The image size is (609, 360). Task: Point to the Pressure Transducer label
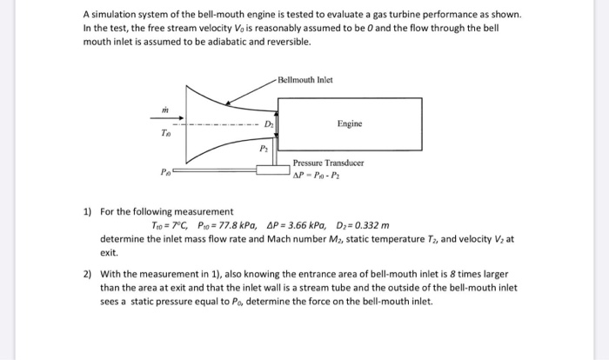pyautogui.click(x=328, y=163)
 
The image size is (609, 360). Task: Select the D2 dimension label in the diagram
pyautogui.click(x=269, y=124)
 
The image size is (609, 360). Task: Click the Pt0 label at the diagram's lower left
pyautogui.click(x=164, y=172)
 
